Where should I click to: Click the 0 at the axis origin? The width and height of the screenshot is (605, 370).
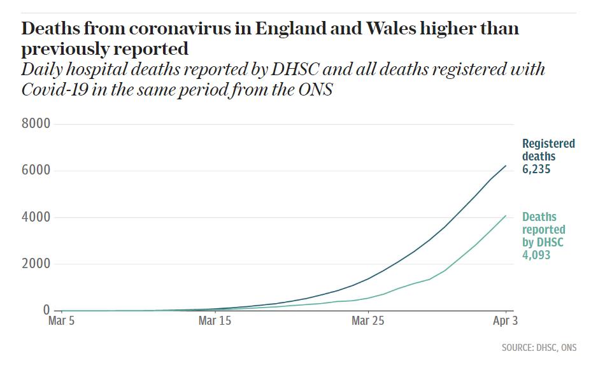tap(46, 310)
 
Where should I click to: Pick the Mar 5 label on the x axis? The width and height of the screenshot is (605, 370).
tap(61, 321)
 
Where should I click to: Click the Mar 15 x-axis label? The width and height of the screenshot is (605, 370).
tap(215, 321)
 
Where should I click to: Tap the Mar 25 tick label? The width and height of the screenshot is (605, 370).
tap(368, 321)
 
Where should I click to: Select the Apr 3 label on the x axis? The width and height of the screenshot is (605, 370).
tap(505, 321)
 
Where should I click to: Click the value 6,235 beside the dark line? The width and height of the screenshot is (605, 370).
tap(536, 169)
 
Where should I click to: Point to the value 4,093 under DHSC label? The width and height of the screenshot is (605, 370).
tap(536, 255)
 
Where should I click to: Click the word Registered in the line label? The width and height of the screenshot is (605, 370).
tap(548, 144)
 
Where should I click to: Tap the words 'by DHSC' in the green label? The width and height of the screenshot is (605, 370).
tap(543, 243)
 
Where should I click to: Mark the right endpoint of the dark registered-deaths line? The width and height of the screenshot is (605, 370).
tap(506, 166)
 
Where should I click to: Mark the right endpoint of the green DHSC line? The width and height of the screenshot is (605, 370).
tap(506, 215)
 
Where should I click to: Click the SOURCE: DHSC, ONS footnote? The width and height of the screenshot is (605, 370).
tap(539, 348)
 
